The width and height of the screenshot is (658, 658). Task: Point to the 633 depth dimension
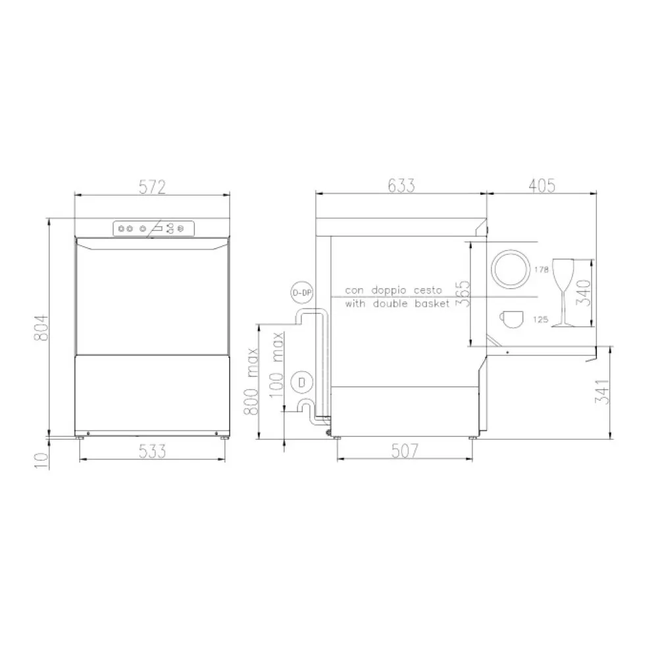coord(401,186)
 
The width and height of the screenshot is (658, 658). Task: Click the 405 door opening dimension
coord(542,186)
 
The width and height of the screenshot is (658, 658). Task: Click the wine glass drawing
coord(563,291)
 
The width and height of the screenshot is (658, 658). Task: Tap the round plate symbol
coord(509,268)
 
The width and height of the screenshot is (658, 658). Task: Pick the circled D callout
coord(301,381)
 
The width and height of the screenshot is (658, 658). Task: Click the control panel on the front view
coord(153,228)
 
